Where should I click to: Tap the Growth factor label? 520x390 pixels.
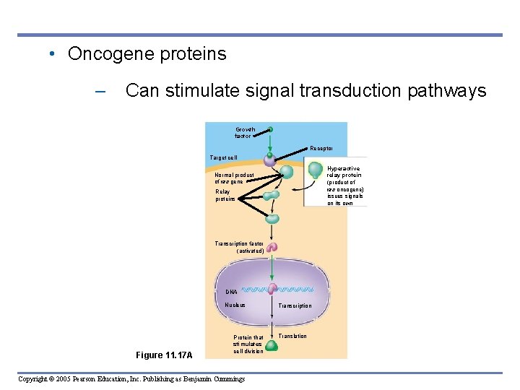(244, 133)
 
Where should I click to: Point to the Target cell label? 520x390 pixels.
(223, 157)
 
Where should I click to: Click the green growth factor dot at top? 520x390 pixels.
(271, 130)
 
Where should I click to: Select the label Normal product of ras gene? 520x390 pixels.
(234, 178)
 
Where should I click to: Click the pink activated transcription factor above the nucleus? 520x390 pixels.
(272, 248)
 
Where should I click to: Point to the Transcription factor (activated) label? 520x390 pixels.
(239, 248)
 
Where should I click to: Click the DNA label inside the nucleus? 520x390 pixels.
(230, 292)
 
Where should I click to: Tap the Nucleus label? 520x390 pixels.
(235, 305)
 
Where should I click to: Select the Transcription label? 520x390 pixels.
(295, 306)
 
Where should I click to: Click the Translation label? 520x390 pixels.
(292, 337)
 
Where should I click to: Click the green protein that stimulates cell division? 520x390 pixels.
(272, 345)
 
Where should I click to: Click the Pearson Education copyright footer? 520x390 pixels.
(131, 379)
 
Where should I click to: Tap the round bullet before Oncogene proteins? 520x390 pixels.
(53, 54)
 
